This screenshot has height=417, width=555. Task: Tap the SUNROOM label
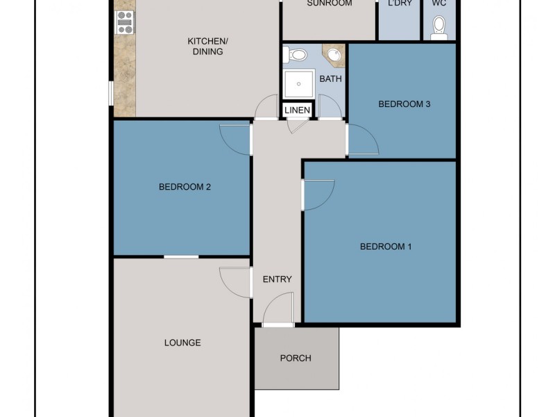330,3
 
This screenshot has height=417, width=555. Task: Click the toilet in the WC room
438,26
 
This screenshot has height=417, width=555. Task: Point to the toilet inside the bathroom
298,54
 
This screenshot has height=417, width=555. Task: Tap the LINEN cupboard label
297,111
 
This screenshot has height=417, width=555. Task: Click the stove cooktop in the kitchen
125,22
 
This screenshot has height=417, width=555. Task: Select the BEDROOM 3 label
404,104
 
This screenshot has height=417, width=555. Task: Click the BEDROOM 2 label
185,186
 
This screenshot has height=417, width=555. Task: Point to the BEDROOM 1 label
386,247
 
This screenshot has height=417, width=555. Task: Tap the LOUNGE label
182,343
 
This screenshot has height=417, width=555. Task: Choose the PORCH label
296,359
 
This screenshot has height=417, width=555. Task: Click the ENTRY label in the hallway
277,279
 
